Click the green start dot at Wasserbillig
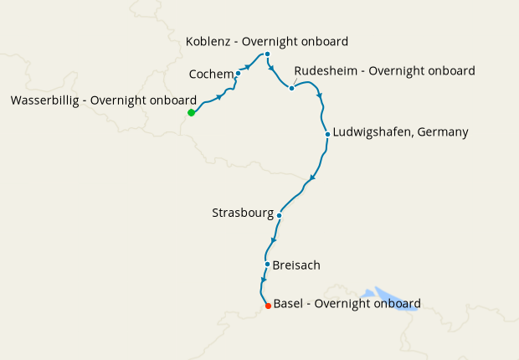(x=191, y=112)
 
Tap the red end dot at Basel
(x=268, y=306)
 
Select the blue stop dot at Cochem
(x=238, y=73)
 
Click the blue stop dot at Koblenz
(x=267, y=54)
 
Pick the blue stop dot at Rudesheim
(x=291, y=88)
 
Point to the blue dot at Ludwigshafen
(x=327, y=133)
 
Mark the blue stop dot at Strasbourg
(x=279, y=215)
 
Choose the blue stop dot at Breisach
(x=267, y=265)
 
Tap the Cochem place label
(x=211, y=75)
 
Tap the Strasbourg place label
(x=243, y=213)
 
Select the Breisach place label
(x=296, y=265)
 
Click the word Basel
(x=290, y=303)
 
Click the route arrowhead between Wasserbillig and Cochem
(x=220, y=97)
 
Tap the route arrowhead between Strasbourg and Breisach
(x=273, y=241)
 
